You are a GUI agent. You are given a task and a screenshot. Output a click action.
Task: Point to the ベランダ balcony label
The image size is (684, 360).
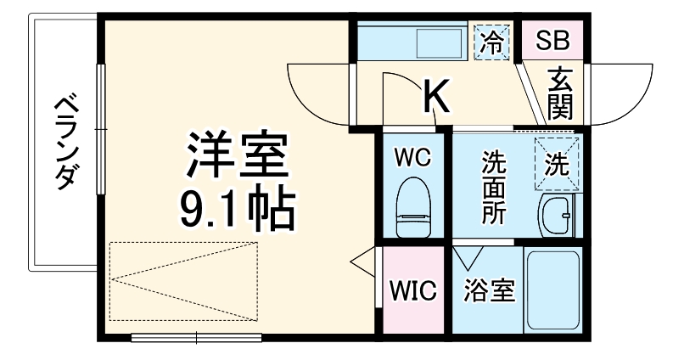(67, 143)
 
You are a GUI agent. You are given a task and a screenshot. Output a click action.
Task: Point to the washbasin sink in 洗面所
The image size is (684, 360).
(558, 216)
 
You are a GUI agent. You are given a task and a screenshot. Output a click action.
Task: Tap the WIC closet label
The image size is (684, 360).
(413, 290)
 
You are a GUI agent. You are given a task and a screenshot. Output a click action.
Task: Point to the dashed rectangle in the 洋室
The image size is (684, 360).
(183, 281)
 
